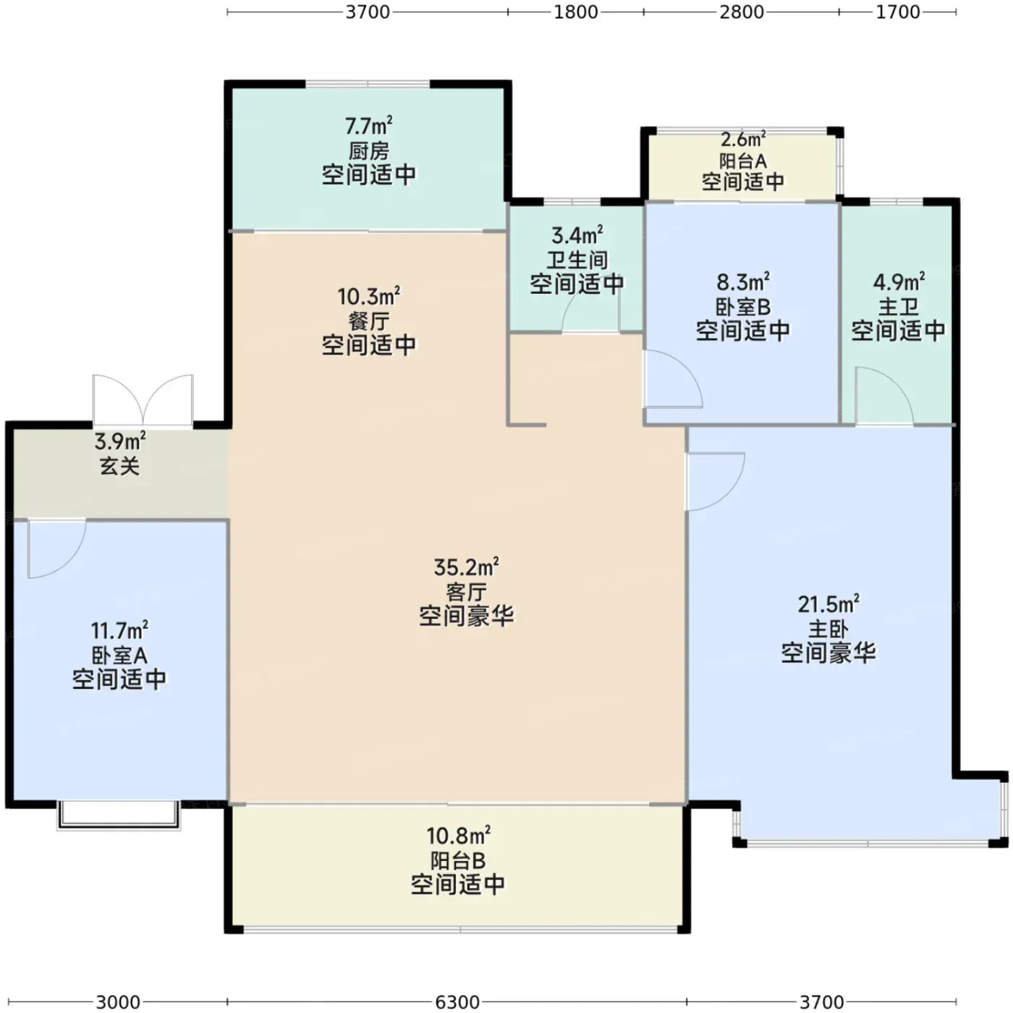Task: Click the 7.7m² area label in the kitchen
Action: tap(368, 126)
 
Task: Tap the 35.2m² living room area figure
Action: tap(466, 567)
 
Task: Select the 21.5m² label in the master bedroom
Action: tap(828, 604)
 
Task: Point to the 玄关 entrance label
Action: tap(120, 466)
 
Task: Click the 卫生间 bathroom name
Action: tap(577, 260)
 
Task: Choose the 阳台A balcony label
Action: tap(743, 161)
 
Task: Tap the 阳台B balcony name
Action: tap(458, 860)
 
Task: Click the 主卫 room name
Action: tap(899, 307)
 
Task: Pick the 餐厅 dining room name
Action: tap(368, 321)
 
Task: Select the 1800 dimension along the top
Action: tap(576, 12)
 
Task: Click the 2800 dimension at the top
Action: tap(741, 12)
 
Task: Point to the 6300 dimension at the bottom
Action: tap(457, 1001)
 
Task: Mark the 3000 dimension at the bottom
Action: tap(118, 1001)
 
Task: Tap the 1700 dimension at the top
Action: tap(898, 12)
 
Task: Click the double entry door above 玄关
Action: tap(143, 399)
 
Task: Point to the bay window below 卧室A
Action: tap(119, 815)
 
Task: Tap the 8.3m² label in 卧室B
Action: tap(743, 282)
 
